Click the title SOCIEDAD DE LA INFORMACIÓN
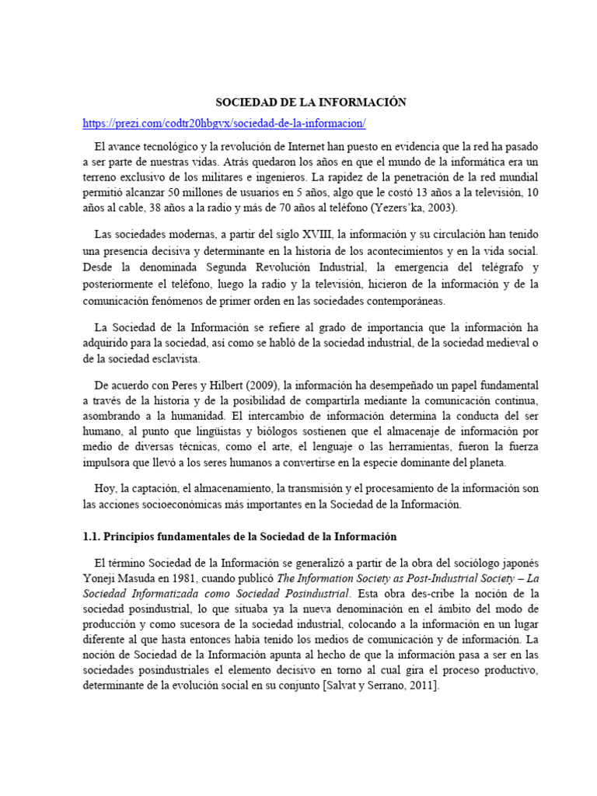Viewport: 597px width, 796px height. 299,102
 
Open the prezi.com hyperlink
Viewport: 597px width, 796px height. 225,124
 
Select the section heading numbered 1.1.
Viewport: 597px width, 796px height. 239,536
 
